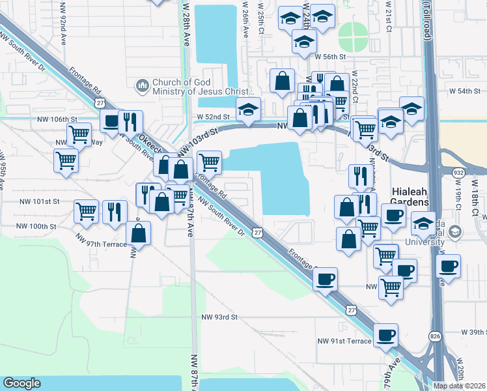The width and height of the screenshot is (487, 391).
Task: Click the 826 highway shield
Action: click(436, 335)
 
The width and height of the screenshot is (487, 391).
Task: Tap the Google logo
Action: click(22, 383)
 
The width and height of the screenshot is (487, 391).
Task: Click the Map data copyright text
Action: click(459, 386)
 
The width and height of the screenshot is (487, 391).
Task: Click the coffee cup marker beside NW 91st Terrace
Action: click(386, 336)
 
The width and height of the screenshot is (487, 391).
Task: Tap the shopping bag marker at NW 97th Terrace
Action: click(139, 233)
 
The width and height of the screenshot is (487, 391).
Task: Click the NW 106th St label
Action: click(57, 119)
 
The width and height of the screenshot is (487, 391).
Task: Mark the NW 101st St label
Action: click(39, 202)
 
